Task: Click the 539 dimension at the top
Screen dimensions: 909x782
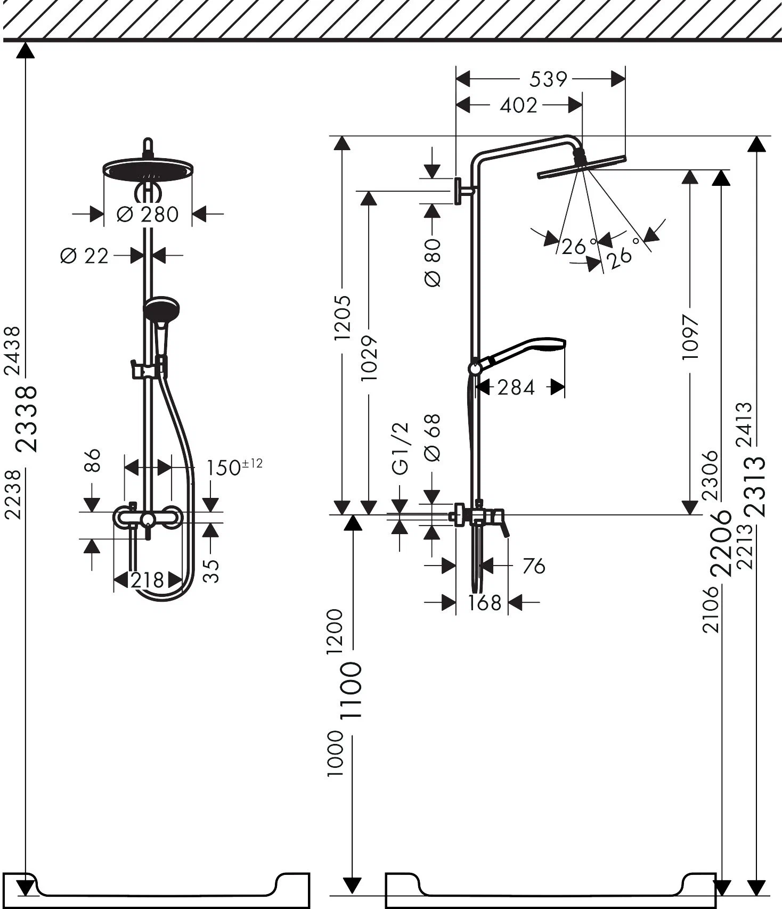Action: point(548,80)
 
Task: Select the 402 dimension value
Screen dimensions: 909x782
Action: point(519,105)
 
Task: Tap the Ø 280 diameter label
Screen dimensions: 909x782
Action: point(148,215)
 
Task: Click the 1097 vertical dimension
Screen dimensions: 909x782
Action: point(690,337)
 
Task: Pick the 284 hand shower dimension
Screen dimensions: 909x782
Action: point(516,388)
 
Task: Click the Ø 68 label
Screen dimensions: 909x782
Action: point(432,438)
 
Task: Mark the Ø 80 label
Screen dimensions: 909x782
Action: point(433,263)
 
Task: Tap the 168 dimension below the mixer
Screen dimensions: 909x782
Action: point(485,603)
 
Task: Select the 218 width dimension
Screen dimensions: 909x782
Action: point(148,580)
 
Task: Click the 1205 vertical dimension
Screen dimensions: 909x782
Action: point(342,318)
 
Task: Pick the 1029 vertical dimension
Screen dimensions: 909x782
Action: point(369,358)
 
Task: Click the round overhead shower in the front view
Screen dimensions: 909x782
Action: point(148,169)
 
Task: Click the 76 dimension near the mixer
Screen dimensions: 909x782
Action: point(533,566)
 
